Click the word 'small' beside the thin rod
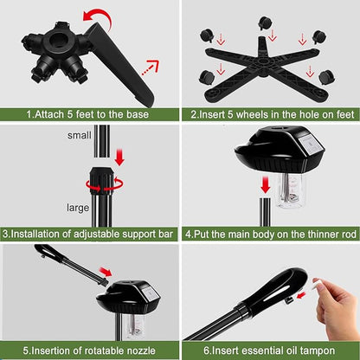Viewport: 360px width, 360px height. pos(79,135)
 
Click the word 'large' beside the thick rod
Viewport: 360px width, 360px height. pos(78,208)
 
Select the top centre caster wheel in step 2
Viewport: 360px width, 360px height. pos(264,23)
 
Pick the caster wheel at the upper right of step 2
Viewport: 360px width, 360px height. pos(319,36)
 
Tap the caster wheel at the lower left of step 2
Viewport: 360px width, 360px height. pos(207,78)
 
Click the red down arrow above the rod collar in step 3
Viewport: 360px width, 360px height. pos(119,157)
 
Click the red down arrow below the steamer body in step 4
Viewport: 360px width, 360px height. pos(265,185)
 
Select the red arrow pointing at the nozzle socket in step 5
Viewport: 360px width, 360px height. pos(106,272)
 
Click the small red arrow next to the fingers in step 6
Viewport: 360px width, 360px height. pos(301,295)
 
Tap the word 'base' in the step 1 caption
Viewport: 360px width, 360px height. pos(138,114)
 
